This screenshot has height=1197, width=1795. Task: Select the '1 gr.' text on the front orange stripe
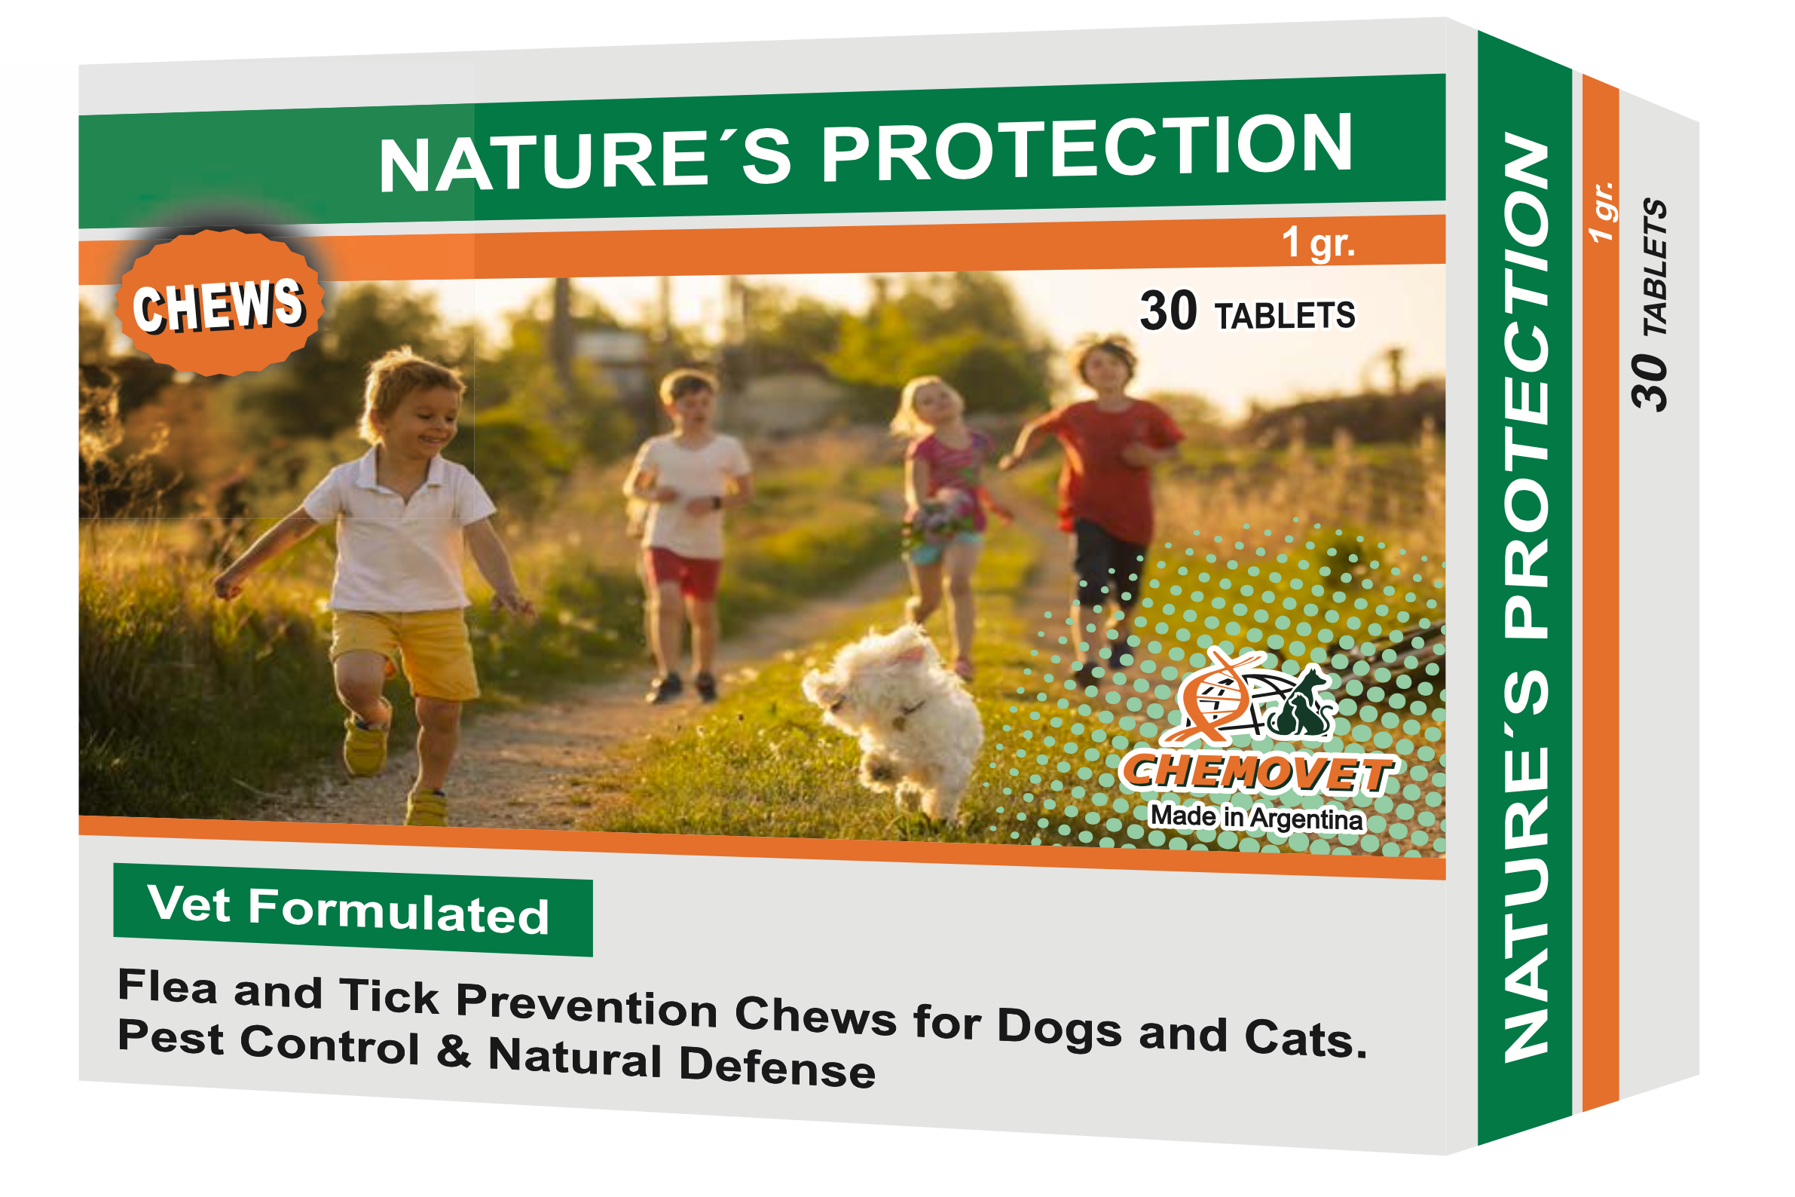pos(1317,243)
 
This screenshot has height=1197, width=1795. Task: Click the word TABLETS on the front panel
pos(1285,316)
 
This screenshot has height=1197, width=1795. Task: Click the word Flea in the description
pos(167,986)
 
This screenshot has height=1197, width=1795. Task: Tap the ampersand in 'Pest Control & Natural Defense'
pos(454,1050)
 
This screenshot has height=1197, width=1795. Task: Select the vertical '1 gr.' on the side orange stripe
pos(1601,213)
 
